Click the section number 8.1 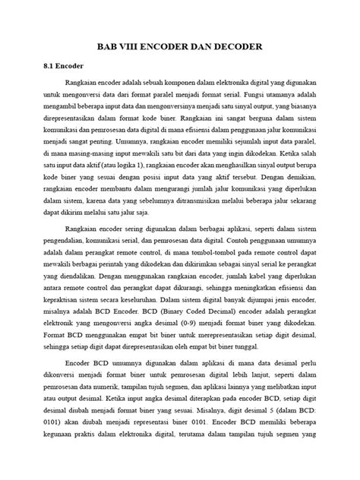(x=48, y=66)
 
